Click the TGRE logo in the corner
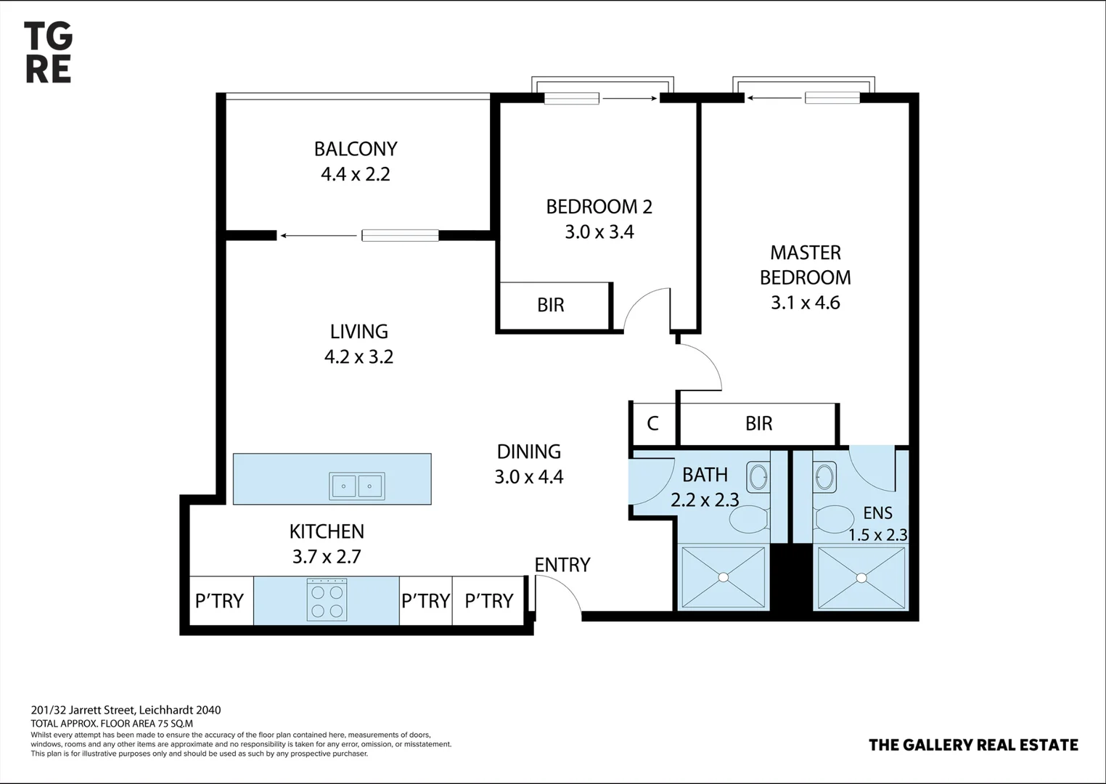point(48,52)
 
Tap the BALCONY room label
point(356,149)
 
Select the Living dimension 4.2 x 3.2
point(359,356)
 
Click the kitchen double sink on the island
point(357,486)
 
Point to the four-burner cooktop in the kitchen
point(327,600)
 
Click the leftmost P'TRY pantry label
point(219,601)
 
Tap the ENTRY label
point(562,565)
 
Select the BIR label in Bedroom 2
point(550,305)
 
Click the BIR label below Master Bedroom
point(758,423)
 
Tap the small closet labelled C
point(652,423)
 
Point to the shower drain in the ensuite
point(861,578)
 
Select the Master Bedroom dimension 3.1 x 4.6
point(805,303)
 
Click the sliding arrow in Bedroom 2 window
point(629,98)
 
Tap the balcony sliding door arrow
point(319,235)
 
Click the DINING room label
point(528,452)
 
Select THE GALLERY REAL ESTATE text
point(973,745)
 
